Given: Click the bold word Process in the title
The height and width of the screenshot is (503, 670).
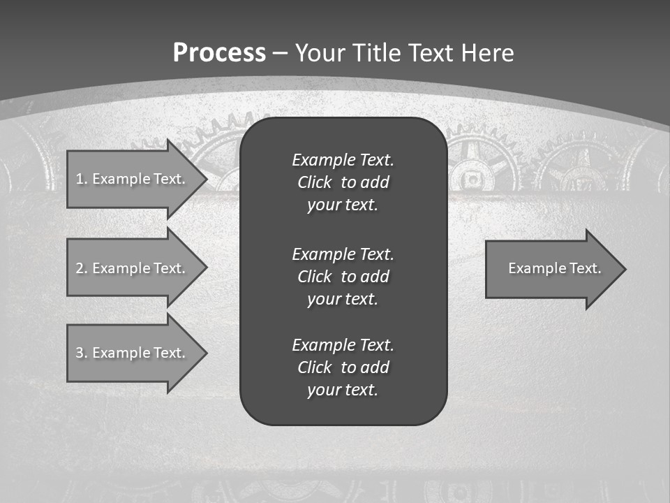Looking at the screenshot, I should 219,53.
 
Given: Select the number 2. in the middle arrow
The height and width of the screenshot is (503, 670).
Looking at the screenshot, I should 81,268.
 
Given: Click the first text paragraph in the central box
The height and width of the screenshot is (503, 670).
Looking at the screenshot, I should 343,182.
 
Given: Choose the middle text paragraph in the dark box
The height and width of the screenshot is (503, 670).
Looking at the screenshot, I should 343,276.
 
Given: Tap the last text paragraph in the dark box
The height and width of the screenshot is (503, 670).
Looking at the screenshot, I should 343,367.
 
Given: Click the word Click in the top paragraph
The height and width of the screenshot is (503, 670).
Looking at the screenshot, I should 315,182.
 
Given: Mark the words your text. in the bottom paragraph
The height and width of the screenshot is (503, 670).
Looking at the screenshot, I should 343,390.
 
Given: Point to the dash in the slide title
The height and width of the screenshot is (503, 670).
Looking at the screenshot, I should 281,53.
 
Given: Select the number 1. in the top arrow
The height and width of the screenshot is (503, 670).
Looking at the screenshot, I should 81,179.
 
